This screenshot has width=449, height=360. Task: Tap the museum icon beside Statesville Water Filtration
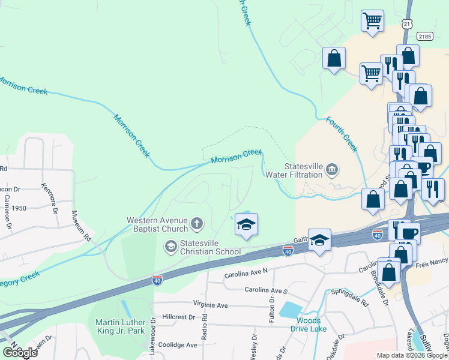point(331,172)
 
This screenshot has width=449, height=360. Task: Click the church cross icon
point(196,224)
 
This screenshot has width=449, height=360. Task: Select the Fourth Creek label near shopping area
point(342,134)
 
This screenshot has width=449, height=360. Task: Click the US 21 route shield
point(406,23)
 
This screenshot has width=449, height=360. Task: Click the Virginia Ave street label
point(211,305)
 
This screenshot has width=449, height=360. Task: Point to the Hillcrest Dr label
point(175,317)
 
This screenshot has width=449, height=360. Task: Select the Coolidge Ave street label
point(178,345)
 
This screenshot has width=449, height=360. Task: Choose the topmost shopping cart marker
point(372,21)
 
